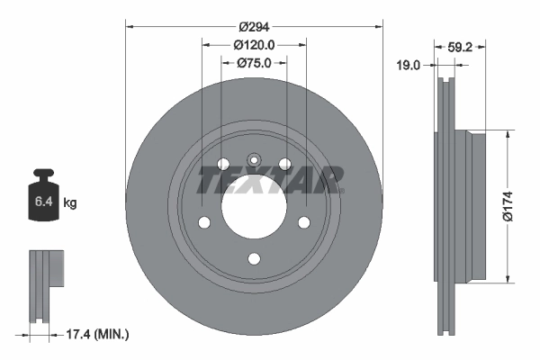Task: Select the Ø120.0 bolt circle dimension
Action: [x=254, y=44]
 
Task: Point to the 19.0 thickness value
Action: [x=410, y=64]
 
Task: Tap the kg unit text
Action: [x=70, y=203]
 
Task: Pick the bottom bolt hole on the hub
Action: [x=254, y=259]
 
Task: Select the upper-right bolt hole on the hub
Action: [x=285, y=164]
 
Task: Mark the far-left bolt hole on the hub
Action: [x=204, y=222]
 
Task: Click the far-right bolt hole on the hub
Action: [x=304, y=222]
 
